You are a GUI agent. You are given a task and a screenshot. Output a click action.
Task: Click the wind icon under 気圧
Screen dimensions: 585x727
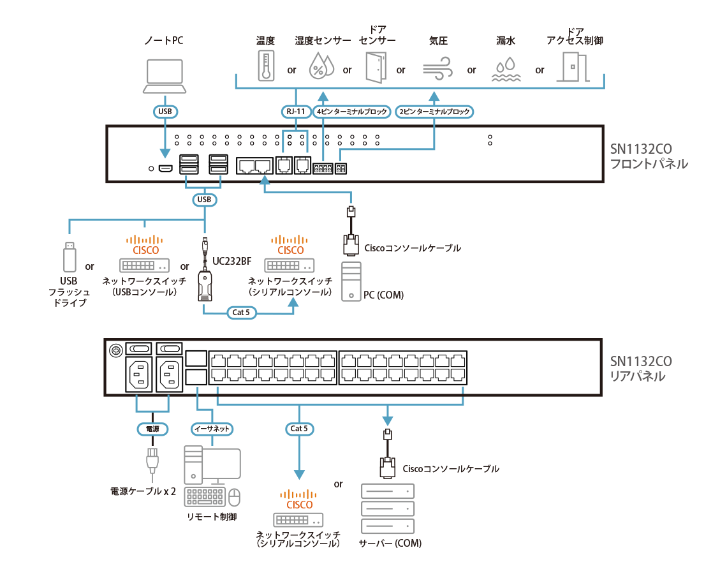coord(437,66)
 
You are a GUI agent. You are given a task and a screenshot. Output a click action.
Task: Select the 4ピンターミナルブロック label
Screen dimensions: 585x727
coord(352,112)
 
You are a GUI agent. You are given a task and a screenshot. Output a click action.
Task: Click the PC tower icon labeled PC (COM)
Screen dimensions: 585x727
coord(351,281)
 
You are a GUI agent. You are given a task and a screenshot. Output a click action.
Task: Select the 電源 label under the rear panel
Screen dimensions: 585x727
coord(152,429)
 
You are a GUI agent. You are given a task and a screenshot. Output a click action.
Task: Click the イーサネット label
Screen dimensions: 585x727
coord(211,429)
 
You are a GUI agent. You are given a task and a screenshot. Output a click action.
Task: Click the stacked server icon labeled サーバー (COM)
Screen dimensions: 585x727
coord(388,508)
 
